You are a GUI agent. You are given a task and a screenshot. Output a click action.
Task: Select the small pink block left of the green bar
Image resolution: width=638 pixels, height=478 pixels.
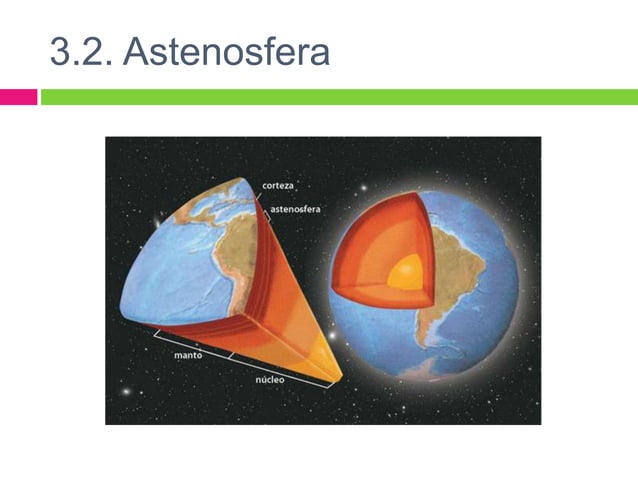click(x=18, y=97)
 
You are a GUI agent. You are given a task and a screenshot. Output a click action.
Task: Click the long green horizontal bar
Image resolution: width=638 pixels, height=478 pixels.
click(x=338, y=97)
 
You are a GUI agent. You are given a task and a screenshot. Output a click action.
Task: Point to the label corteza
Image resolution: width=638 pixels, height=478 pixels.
click(x=278, y=185)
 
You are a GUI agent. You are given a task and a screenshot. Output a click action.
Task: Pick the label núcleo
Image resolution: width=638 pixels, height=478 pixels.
click(x=269, y=381)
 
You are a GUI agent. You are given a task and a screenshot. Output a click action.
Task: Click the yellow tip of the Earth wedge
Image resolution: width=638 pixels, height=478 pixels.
click(x=329, y=364)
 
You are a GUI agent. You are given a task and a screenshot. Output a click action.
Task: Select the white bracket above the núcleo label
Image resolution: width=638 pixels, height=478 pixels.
click(x=280, y=368)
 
